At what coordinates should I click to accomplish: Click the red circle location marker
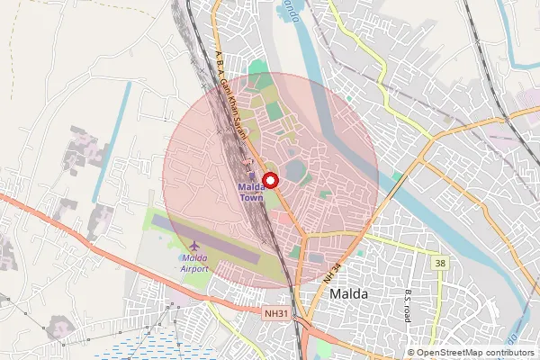[x=270, y=179]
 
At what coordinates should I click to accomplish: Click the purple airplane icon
[x=195, y=245]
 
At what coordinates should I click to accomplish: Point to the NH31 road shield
[x=276, y=312]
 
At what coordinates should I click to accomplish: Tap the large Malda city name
[x=355, y=294]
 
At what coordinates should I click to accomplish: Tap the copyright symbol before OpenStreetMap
[x=410, y=353]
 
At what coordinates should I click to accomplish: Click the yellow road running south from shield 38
[x=439, y=306]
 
